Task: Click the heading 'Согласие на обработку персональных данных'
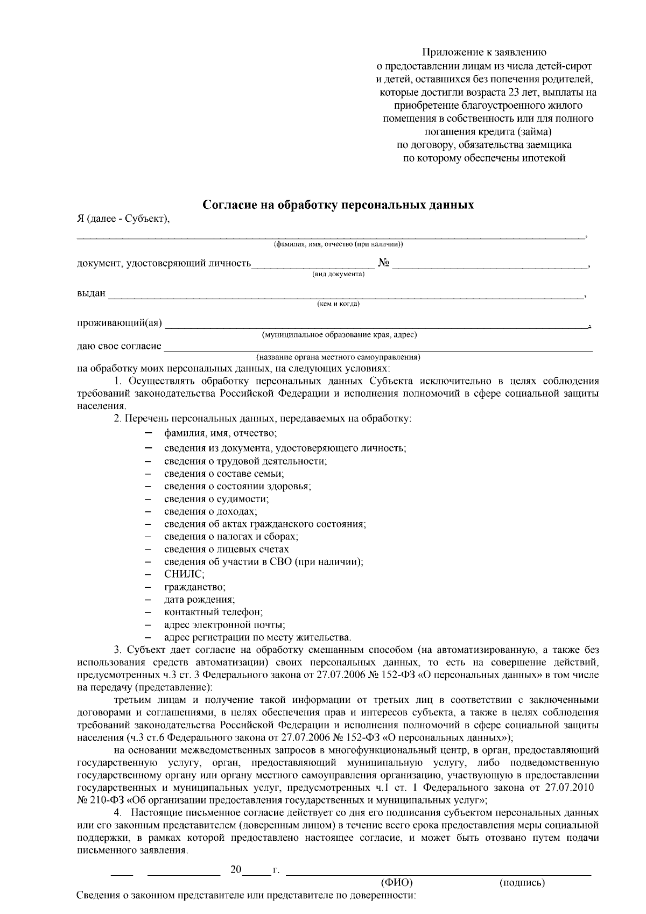tap(338, 205)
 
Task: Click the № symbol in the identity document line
tap(384, 263)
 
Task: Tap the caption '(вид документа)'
tap(338, 275)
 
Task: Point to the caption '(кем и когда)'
tap(338, 304)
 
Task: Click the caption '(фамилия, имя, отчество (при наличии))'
tap(338, 244)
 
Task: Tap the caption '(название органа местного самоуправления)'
tap(338, 357)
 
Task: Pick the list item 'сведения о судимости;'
tap(216, 499)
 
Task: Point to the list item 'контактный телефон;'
tap(213, 613)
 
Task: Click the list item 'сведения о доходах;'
tap(210, 511)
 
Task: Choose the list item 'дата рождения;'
tap(199, 600)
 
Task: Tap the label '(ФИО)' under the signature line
tap(396, 883)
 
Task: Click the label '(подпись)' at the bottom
tap(522, 883)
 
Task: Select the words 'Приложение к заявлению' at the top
tap(484, 52)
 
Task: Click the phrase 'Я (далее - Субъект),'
tap(123, 218)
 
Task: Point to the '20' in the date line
tap(236, 869)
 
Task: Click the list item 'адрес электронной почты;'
tap(224, 625)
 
